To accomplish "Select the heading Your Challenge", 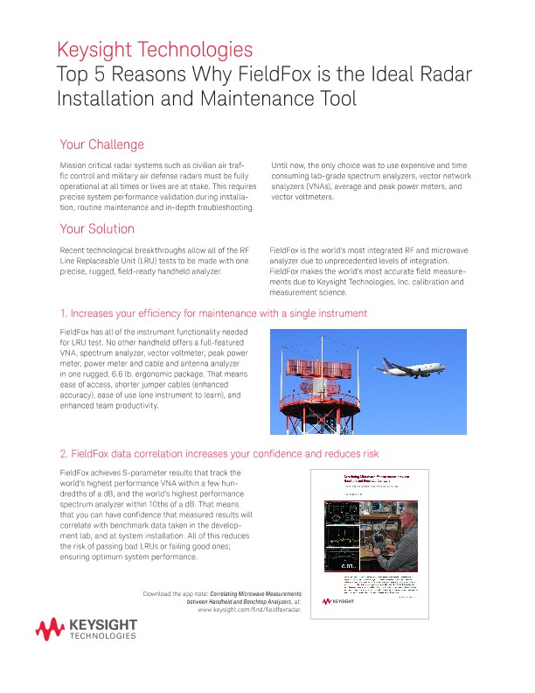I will coord(101,144).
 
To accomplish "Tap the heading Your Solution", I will coord(97,229).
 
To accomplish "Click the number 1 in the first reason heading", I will coord(62,313).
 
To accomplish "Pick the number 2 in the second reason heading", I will coord(63,454).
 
